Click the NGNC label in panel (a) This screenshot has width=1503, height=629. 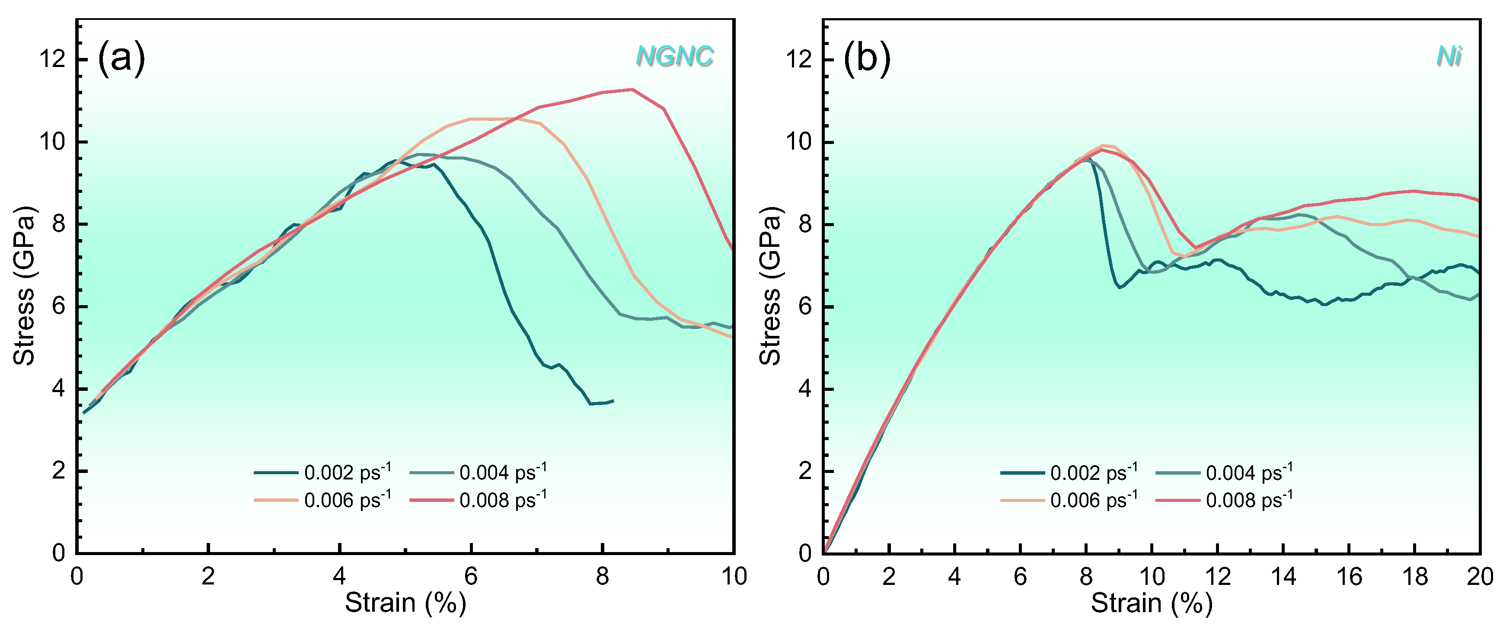[x=674, y=56]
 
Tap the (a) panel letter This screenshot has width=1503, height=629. [x=121, y=58]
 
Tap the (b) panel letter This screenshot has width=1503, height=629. [x=867, y=58]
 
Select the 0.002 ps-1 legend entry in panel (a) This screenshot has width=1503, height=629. [x=322, y=472]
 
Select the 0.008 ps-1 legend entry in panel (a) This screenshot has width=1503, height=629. [x=479, y=500]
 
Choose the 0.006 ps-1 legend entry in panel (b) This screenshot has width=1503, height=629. [x=1069, y=500]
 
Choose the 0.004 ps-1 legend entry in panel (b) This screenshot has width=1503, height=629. [x=1224, y=472]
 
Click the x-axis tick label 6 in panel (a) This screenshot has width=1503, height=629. [x=471, y=577]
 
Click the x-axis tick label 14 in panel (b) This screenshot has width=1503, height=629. [x=1283, y=577]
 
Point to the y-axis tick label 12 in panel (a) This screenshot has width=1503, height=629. [x=52, y=59]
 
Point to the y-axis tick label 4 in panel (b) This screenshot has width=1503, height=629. [x=805, y=389]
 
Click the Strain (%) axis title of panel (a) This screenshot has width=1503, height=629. [x=405, y=603]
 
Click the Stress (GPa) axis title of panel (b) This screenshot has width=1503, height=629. [x=770, y=286]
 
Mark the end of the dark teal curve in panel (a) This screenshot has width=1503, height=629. [x=613, y=401]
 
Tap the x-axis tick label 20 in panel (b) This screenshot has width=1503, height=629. [x=1480, y=577]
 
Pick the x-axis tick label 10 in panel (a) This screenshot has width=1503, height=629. [x=734, y=577]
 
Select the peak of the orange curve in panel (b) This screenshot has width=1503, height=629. [x=1103, y=145]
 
